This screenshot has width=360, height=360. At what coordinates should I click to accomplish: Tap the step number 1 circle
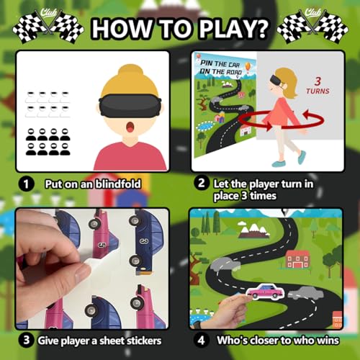(x=26, y=184)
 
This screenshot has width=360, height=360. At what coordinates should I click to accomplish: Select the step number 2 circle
(x=202, y=183)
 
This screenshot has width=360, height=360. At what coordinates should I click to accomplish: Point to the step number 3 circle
(x=26, y=340)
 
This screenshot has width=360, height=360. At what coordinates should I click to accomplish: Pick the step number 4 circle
(x=201, y=340)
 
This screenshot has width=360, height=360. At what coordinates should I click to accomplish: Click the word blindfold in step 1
(x=118, y=184)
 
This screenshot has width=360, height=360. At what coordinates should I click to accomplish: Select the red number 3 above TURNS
(x=318, y=81)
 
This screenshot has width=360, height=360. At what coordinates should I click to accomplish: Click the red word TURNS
(x=318, y=91)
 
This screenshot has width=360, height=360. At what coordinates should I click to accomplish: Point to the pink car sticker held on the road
(x=266, y=292)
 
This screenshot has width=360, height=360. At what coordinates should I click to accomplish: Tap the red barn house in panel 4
(x=298, y=259)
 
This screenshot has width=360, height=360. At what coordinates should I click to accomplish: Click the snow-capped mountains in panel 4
(x=252, y=229)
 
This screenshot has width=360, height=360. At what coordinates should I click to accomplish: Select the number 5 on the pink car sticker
(x=102, y=245)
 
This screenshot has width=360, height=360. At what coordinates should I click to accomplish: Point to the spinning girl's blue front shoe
(x=279, y=164)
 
